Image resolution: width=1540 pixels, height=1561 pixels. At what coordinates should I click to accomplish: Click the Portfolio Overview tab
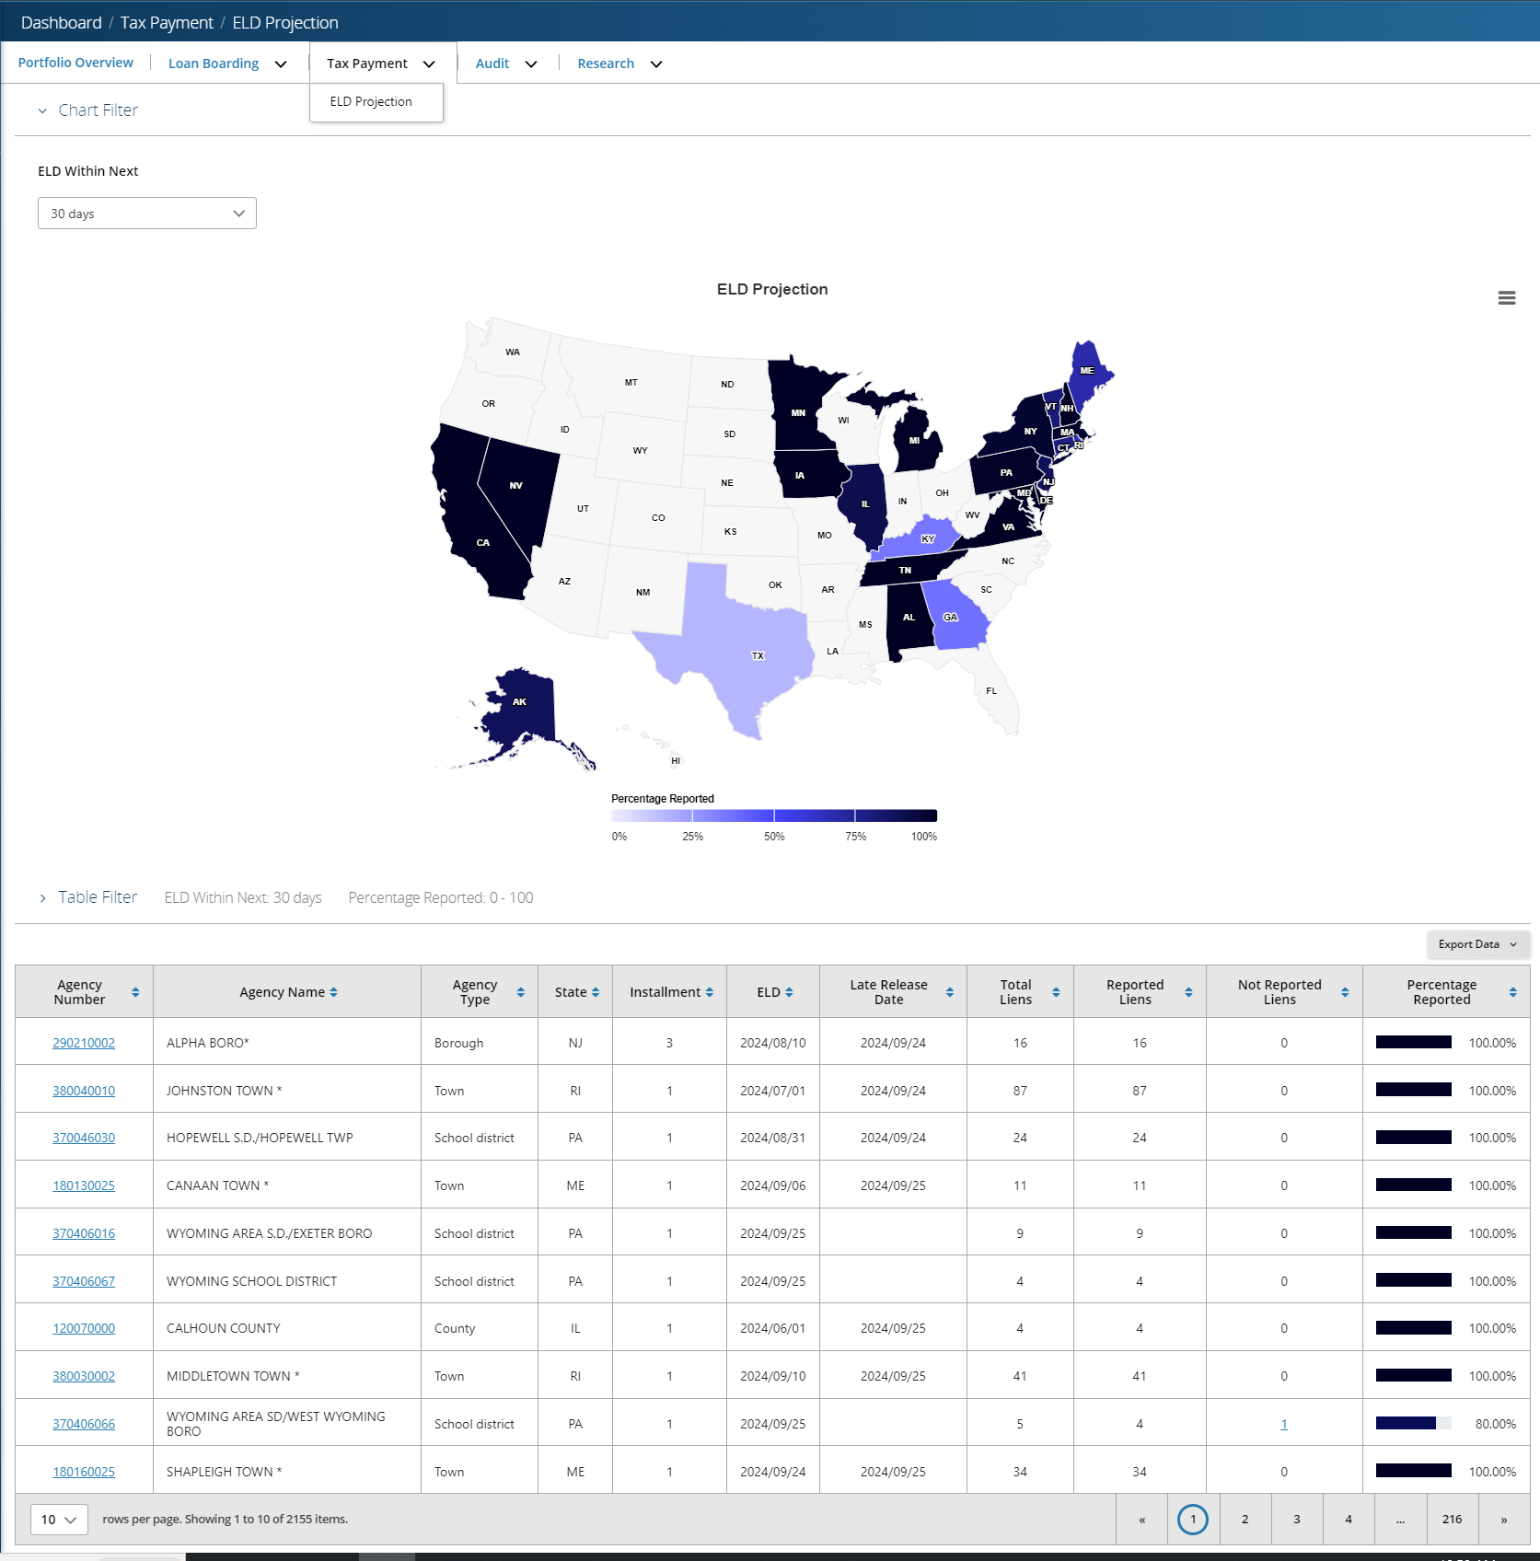point(75,63)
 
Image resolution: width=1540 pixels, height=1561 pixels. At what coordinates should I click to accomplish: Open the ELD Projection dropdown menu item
point(371,101)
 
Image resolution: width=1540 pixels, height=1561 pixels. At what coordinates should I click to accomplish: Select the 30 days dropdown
point(147,214)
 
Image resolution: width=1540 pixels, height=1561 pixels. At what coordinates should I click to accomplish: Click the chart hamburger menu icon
point(1507,298)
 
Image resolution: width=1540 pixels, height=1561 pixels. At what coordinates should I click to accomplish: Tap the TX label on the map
point(758,656)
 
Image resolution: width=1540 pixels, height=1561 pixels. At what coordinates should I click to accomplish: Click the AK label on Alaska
point(519,702)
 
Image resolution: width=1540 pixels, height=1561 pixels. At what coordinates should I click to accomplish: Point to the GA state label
point(951,618)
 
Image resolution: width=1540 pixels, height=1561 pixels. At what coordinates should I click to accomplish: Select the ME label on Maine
point(1087,371)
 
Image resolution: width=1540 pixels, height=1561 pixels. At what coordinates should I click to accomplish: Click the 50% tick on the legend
point(774,837)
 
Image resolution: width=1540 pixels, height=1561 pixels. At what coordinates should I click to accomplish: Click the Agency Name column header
point(283,992)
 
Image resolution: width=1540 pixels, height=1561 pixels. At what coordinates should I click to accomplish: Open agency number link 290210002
point(84,1043)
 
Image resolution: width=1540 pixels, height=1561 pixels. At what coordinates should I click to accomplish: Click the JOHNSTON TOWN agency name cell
point(225,1091)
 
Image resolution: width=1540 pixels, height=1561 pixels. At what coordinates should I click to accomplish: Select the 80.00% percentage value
point(1495,1424)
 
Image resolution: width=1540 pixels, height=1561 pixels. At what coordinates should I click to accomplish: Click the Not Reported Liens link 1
point(1284,1424)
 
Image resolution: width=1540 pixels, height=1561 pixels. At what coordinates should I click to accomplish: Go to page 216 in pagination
point(1452,1520)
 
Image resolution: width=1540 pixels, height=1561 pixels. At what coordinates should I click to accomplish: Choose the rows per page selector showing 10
point(59,1520)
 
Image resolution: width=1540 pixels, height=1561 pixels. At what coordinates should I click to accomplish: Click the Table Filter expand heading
point(98,897)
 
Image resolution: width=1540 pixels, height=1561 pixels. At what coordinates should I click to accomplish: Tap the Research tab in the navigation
point(606,64)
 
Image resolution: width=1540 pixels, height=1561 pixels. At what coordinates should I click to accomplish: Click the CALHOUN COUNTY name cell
point(224,1328)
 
